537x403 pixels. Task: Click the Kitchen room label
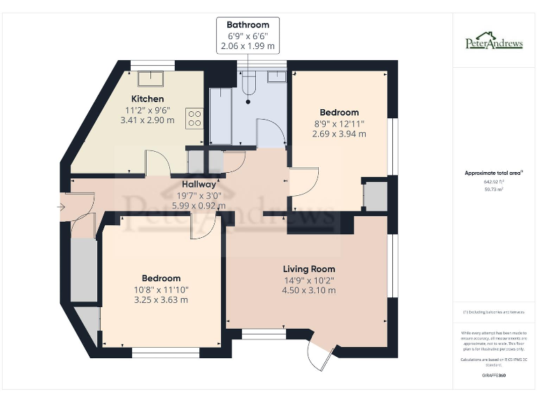(x=148, y=99)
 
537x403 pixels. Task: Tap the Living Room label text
(x=308, y=269)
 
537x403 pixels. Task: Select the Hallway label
(x=199, y=184)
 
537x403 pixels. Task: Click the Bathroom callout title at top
(x=248, y=24)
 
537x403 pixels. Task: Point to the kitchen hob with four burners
(x=194, y=118)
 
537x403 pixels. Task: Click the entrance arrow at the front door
(x=62, y=206)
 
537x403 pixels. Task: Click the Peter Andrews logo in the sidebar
(x=494, y=41)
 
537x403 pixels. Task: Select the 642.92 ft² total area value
(x=494, y=181)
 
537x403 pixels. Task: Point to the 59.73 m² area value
(x=494, y=189)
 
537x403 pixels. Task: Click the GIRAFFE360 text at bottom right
(x=494, y=376)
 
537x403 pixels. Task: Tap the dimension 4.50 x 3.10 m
(x=308, y=290)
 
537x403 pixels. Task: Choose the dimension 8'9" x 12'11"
(x=339, y=123)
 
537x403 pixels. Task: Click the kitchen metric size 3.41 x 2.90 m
(x=148, y=120)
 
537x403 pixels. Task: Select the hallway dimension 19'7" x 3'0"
(x=199, y=195)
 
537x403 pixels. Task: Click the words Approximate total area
(x=493, y=172)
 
